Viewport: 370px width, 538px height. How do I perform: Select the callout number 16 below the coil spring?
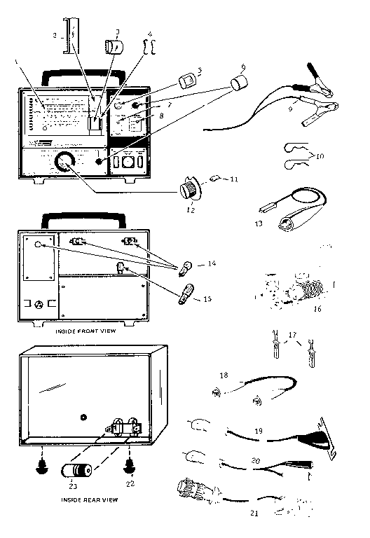click(x=317, y=307)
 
